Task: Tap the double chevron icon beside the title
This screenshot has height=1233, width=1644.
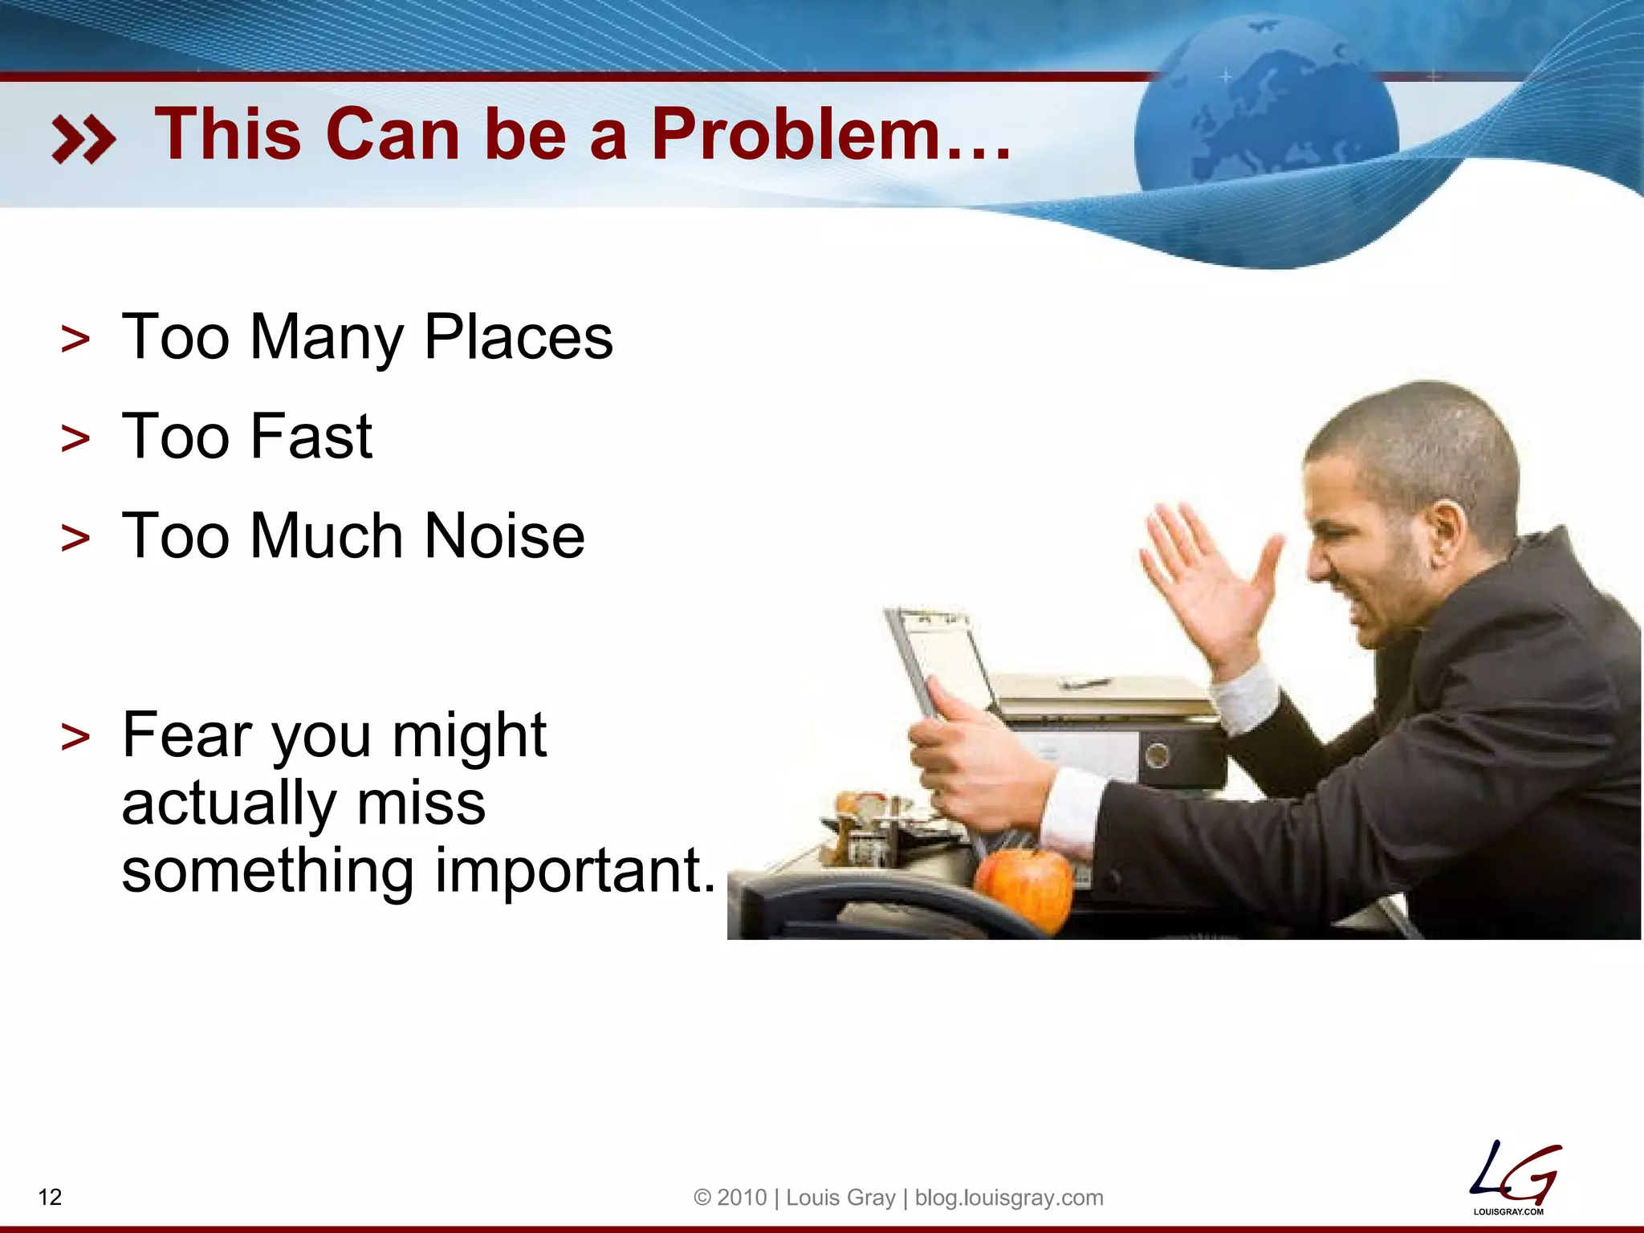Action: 83,139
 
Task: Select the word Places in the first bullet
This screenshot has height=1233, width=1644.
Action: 518,337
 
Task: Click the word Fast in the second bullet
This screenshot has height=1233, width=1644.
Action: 311,437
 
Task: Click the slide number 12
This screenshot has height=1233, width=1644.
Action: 50,1197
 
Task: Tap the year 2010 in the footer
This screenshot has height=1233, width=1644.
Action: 742,1198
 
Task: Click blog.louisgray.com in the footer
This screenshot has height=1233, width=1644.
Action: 1009,1198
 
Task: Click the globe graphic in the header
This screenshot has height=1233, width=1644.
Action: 1266,120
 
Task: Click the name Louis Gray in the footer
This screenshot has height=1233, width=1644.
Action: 840,1198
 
